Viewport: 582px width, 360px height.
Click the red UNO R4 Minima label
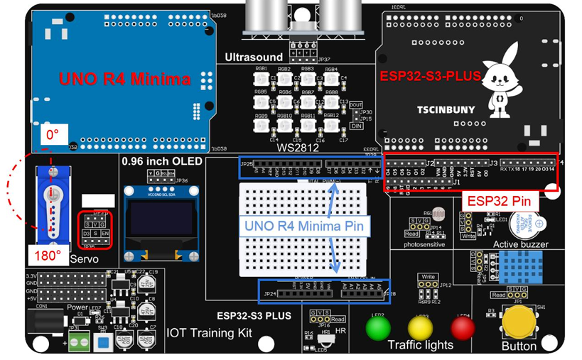(x=124, y=79)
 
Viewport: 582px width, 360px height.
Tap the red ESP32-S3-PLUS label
(x=430, y=75)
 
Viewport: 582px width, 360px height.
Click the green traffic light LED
(x=378, y=328)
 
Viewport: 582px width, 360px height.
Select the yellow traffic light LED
(x=420, y=329)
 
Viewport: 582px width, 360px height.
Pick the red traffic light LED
(x=463, y=328)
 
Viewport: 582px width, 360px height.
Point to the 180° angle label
(x=48, y=254)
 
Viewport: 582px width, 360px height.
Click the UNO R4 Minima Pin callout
(x=305, y=227)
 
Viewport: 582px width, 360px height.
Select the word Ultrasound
(x=253, y=57)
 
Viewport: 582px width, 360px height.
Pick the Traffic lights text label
(x=420, y=346)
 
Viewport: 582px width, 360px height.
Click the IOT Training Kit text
(x=209, y=332)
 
